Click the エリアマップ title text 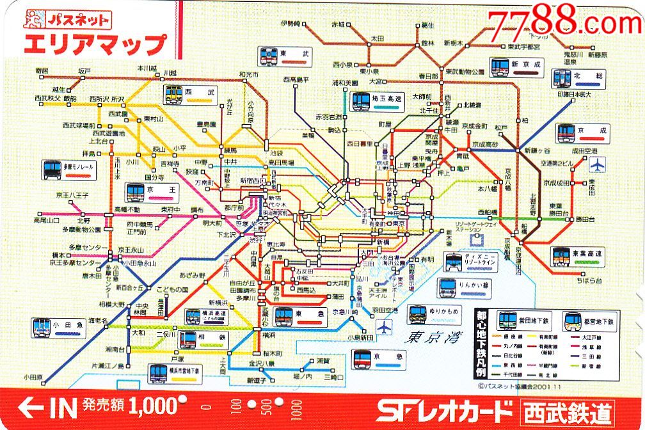coord(93,45)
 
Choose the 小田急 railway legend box coord(58,327)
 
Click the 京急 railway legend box coord(380,360)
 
